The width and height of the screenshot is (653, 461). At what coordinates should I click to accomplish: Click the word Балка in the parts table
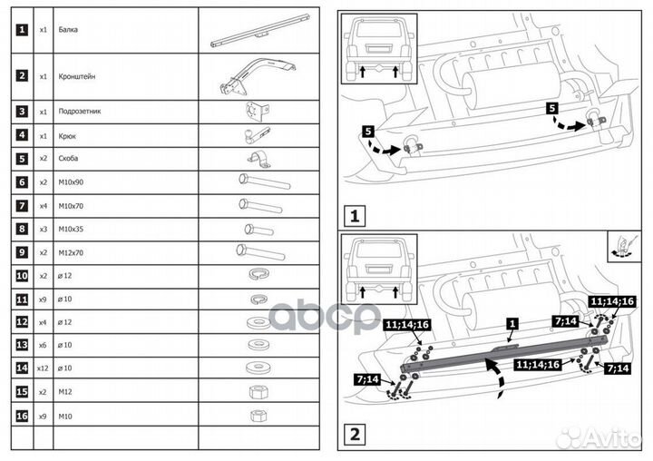(69, 30)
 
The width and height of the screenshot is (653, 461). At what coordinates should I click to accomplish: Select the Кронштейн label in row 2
(78, 76)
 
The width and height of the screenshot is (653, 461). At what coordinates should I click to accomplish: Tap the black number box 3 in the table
(22, 112)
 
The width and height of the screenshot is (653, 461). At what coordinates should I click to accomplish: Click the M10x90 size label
(73, 181)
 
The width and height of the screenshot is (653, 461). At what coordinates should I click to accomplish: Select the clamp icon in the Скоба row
(254, 160)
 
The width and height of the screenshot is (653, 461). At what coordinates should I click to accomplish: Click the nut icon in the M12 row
(255, 394)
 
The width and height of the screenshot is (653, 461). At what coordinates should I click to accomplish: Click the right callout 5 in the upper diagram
(553, 108)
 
